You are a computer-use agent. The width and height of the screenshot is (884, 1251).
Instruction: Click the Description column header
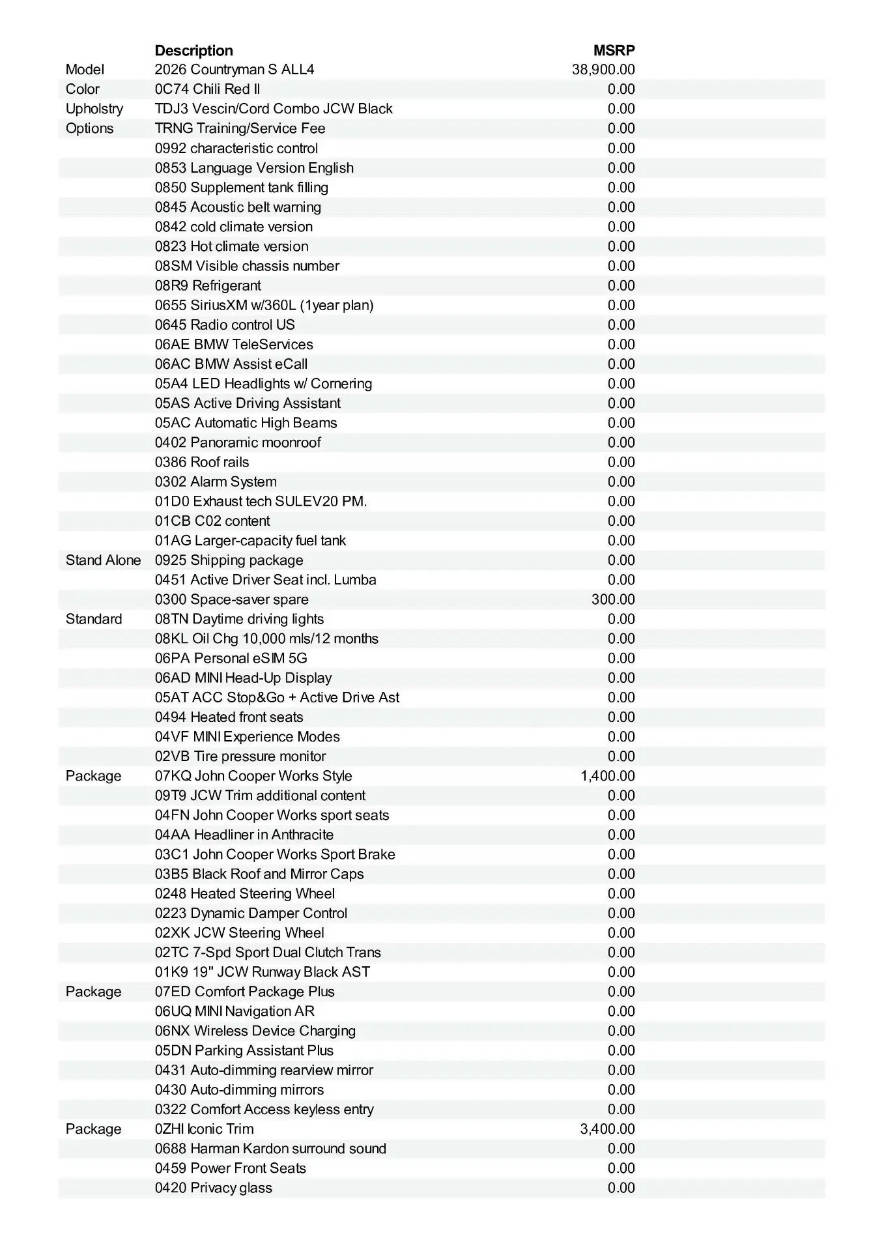click(x=193, y=51)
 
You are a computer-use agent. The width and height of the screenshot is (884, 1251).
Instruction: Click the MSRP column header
click(x=614, y=51)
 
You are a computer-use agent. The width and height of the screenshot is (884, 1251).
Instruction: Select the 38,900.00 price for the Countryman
click(x=603, y=70)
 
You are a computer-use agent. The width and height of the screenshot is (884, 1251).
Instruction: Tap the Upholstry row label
click(x=94, y=109)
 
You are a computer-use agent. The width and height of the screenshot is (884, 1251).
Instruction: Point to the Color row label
click(x=83, y=89)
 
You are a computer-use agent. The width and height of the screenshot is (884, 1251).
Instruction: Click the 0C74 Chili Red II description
click(x=207, y=89)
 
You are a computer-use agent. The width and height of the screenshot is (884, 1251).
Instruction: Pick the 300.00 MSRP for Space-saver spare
click(x=613, y=599)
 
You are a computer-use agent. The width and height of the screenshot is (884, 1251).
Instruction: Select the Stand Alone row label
click(x=103, y=560)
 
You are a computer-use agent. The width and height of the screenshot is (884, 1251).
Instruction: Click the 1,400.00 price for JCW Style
click(x=608, y=776)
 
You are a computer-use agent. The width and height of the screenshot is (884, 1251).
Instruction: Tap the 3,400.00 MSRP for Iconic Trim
click(x=608, y=1129)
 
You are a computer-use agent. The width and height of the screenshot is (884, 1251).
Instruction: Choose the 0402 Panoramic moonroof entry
click(x=238, y=442)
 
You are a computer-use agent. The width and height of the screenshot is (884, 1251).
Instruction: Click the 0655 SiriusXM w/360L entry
click(x=264, y=305)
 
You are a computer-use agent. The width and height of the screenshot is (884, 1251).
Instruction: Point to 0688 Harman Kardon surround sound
click(x=270, y=1149)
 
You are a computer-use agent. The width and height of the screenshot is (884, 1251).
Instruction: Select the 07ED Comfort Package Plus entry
click(x=244, y=992)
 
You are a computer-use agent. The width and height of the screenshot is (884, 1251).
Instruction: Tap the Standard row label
click(x=94, y=619)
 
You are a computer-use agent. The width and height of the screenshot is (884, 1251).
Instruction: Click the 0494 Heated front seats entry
click(x=229, y=717)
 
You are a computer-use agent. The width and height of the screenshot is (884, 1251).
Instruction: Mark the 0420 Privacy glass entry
click(x=213, y=1188)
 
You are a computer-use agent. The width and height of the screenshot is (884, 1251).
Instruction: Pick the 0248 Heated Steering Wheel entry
click(x=245, y=894)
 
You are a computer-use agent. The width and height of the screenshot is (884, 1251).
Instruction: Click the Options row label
click(x=89, y=128)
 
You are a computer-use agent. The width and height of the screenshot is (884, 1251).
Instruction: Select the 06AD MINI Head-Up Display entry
click(x=243, y=678)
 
